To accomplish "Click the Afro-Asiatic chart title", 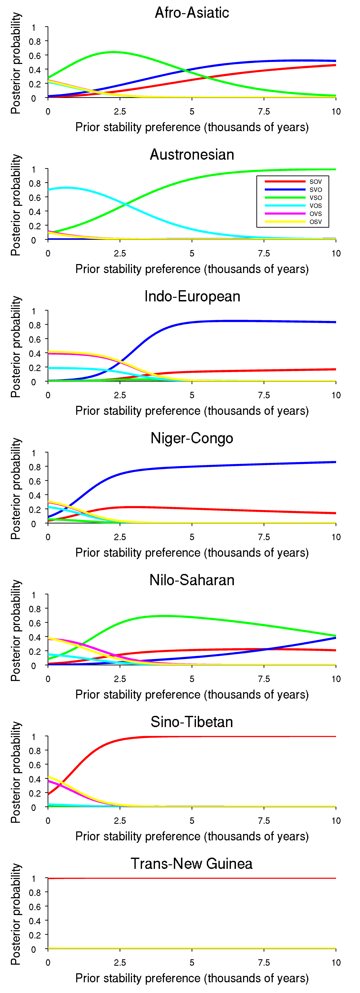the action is [x=192, y=13].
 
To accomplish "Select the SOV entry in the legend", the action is [x=315, y=182].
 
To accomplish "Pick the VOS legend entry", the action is [x=315, y=205].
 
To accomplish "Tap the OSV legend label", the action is [x=315, y=222].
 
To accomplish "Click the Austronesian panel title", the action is [x=192, y=155].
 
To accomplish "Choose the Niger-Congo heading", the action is [x=192, y=438].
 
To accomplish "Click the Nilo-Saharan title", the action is [x=192, y=580].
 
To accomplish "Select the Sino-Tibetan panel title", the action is [x=192, y=722].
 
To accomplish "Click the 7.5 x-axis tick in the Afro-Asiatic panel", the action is [x=264, y=111].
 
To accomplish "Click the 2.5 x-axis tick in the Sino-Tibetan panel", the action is [x=120, y=821].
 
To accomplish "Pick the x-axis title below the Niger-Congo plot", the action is [x=192, y=553].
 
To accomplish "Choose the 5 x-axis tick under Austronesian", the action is [x=192, y=253].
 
